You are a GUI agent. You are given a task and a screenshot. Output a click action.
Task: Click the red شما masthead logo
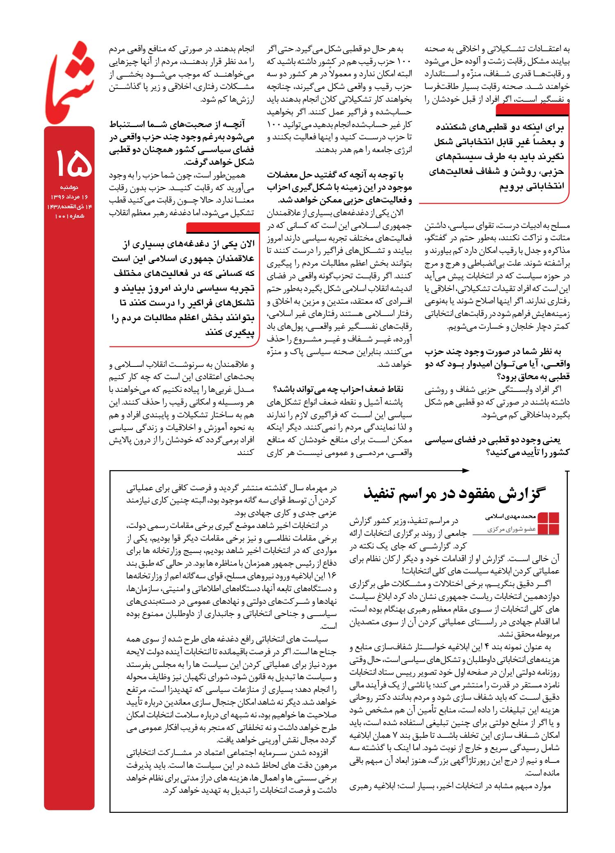point(70,82)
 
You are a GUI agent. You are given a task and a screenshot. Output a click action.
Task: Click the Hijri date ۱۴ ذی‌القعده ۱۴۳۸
point(69,207)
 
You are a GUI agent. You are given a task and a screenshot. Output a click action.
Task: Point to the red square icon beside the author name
point(549,523)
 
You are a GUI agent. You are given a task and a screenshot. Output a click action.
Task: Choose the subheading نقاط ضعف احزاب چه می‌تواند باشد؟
point(338,389)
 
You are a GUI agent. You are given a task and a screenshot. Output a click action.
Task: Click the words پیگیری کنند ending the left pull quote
point(230,332)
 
